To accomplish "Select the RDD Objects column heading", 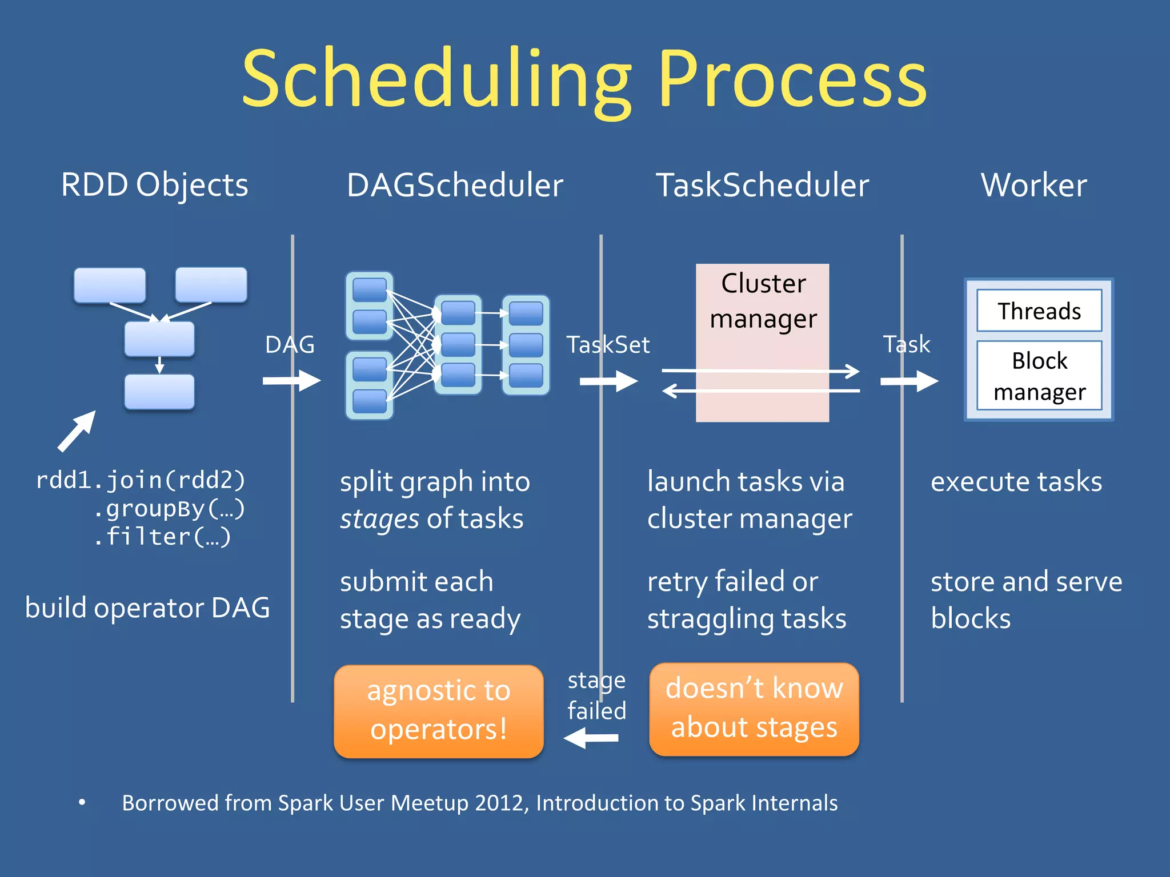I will tap(155, 185).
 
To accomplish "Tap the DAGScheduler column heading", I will tap(455, 185).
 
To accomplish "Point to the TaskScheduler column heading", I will tap(762, 185).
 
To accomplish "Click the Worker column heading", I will tap(1033, 185).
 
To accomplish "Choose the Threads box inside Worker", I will tap(1039, 311).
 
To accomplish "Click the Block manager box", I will tap(1039, 376).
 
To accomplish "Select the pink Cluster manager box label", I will tap(763, 301).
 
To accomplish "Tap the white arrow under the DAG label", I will tap(291, 381).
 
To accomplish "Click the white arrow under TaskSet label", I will tap(608, 381).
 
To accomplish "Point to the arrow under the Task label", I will tap(909, 381).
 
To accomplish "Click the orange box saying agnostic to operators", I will tap(438, 711).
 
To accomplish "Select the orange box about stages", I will tap(754, 709).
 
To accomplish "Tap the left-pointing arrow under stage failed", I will tap(591, 738).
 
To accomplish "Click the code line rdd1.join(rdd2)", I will tap(141, 480).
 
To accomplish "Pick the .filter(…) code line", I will tap(162, 536).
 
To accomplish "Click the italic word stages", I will tap(379, 519).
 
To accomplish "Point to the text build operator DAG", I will tap(147, 608).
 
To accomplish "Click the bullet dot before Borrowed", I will tap(82, 803).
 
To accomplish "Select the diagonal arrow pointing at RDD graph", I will tap(77, 431).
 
